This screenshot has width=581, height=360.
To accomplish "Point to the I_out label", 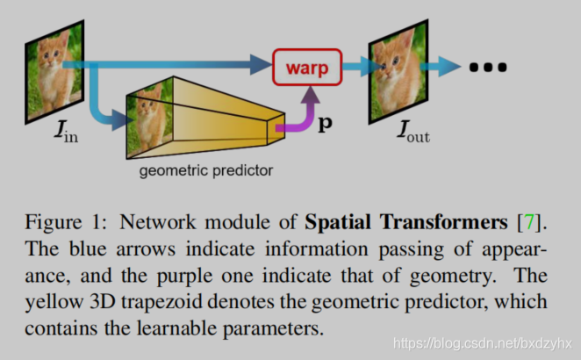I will point(412,135).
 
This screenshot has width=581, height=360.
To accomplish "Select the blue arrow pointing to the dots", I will point(446,67).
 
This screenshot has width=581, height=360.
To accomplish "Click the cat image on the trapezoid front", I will point(151,119).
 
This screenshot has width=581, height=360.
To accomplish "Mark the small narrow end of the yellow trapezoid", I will point(279,126).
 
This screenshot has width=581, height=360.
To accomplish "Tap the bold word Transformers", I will point(434,217).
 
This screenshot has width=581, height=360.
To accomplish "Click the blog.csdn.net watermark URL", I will point(482,342).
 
